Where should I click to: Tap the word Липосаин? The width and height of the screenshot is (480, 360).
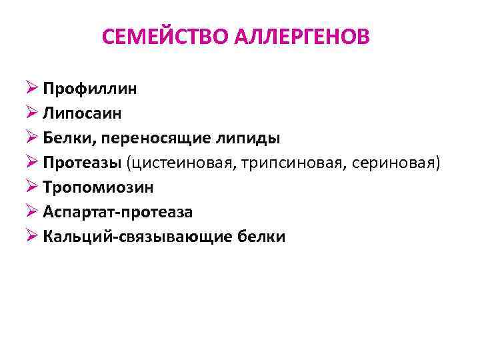(x=83, y=113)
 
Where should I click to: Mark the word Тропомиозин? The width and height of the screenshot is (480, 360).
(x=99, y=187)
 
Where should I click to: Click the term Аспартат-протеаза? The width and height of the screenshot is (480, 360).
(x=118, y=212)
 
